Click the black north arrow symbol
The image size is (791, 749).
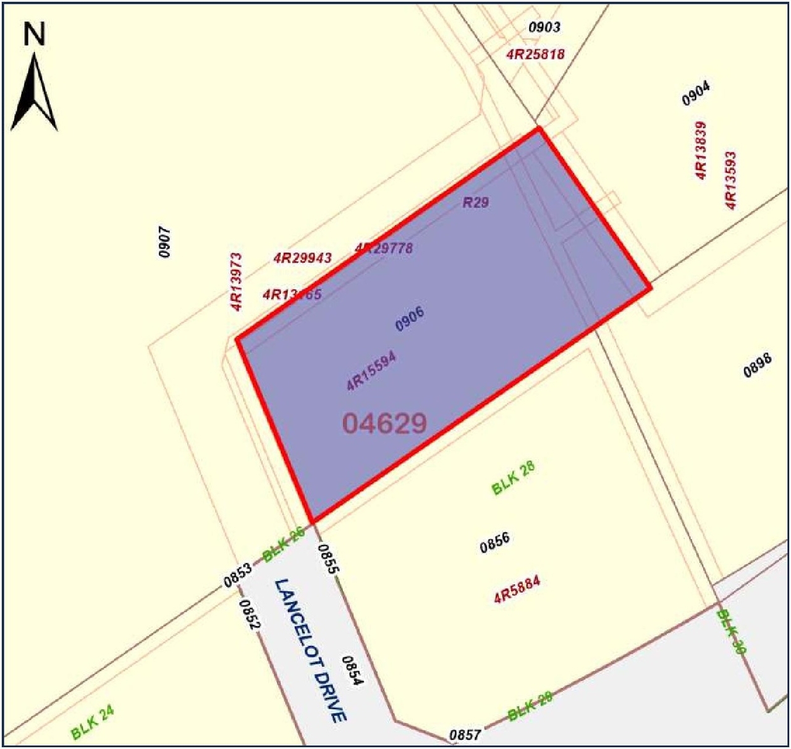point(35,93)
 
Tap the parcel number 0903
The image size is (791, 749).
point(544,27)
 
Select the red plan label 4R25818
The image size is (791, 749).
point(535,54)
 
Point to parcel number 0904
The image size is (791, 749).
point(696,93)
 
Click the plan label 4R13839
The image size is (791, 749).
point(701,150)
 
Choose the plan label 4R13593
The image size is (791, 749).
point(730,180)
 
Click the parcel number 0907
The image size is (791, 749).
point(164,242)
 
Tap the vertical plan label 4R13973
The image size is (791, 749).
point(236,281)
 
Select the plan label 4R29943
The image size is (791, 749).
point(303,258)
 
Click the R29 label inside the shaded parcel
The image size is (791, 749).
point(476,202)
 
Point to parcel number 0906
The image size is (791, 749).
point(410,319)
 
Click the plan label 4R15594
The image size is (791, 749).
point(371,371)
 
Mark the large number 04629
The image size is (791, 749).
point(384,423)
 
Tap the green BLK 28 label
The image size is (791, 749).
point(513,478)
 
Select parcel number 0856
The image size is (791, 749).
point(495,543)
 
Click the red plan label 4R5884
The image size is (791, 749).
point(517,589)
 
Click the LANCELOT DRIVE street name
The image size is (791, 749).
point(310,650)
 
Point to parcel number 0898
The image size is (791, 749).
point(757,365)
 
